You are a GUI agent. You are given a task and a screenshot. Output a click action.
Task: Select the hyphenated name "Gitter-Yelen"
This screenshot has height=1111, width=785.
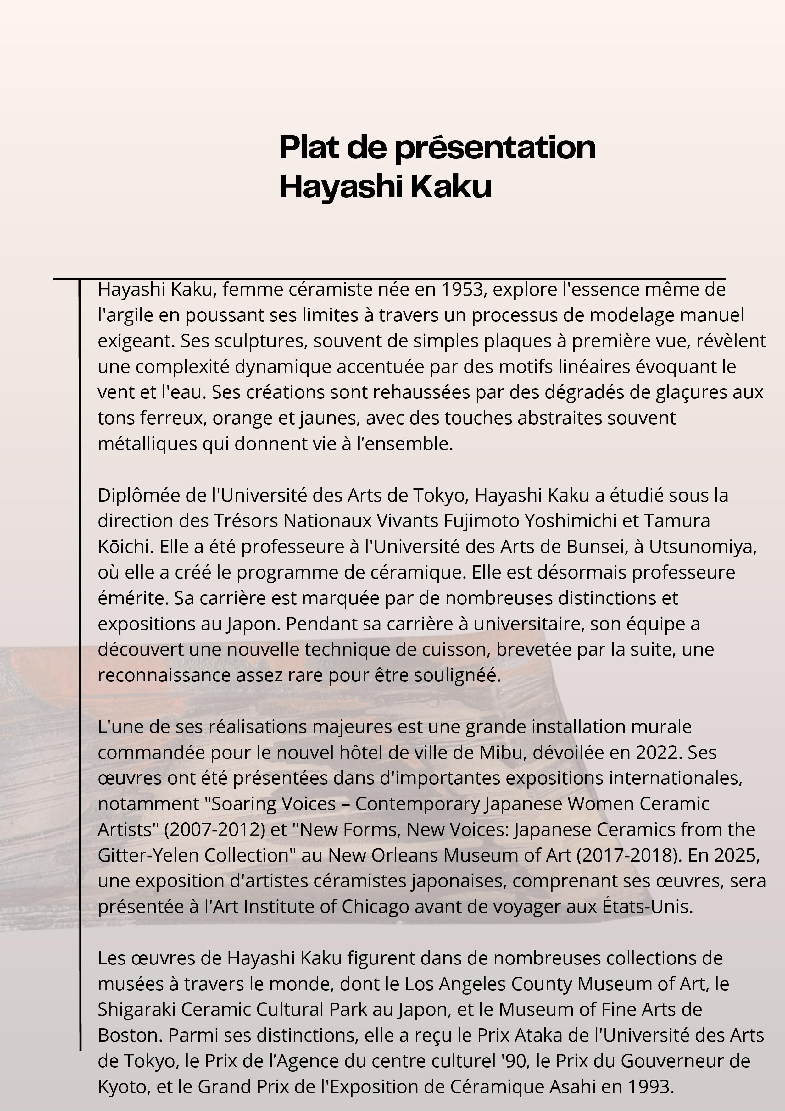(148, 855)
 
